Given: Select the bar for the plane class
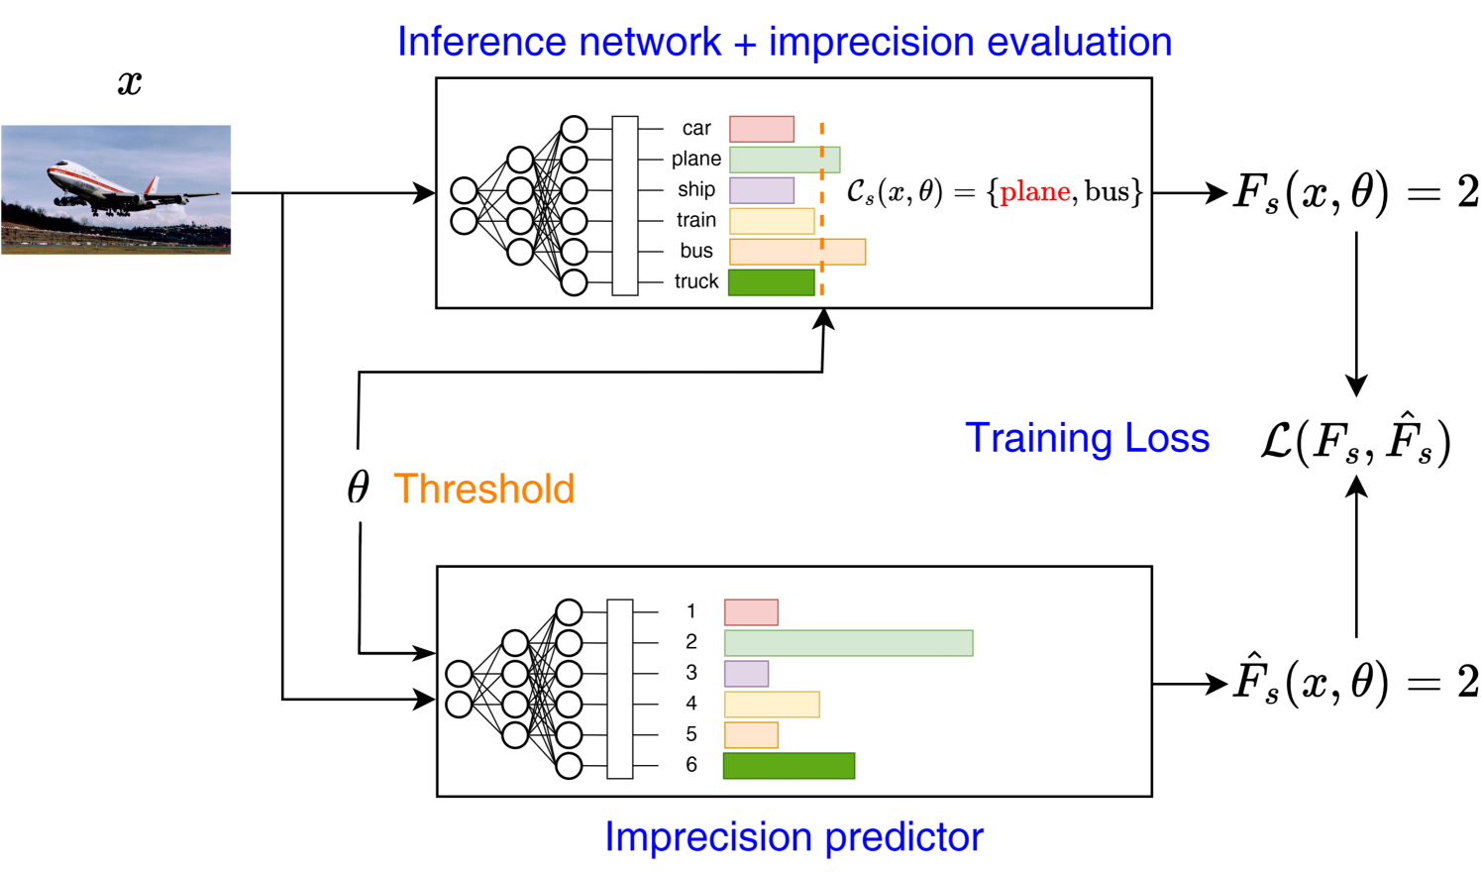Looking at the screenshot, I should click(785, 159).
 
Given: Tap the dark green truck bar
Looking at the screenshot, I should click(771, 282).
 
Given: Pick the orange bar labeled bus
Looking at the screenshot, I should click(797, 252).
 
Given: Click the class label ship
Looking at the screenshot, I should click(696, 189).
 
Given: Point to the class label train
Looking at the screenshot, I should click(696, 220).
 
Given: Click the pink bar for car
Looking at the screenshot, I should click(762, 129).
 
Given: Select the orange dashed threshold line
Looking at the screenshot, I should click(822, 208).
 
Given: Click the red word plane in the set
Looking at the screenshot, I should click(1035, 192).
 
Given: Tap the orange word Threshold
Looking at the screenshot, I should click(484, 490).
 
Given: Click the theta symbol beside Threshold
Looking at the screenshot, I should click(358, 488).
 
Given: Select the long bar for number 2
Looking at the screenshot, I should click(848, 643).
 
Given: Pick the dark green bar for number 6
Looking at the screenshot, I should click(789, 766).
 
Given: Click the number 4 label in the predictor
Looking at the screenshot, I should click(691, 704).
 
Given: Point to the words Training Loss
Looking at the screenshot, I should click(1087, 438).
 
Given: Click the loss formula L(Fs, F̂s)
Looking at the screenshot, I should click(1356, 440).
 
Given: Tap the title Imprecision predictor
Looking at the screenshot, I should click(793, 837).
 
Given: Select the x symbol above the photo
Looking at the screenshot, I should click(130, 83).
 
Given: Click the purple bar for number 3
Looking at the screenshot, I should click(746, 674).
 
